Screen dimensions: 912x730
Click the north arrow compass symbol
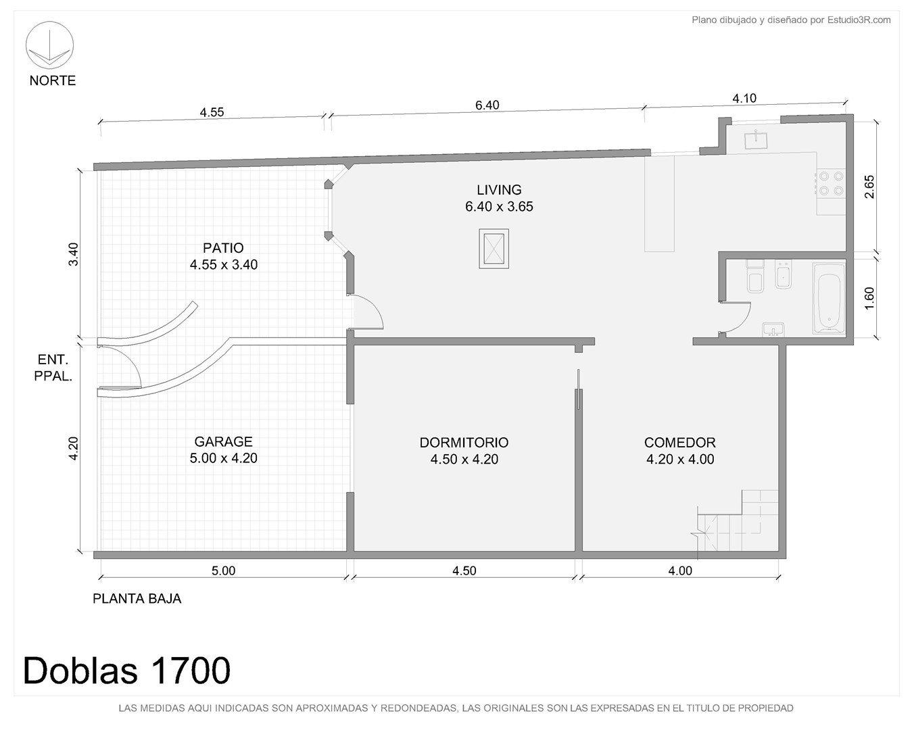[49, 45]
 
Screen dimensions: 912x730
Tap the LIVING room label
[499, 189]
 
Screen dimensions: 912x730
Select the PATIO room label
[223, 248]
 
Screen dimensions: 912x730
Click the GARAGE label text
[223, 441]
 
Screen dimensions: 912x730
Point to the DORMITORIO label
[464, 442]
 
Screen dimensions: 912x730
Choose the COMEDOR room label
[679, 442]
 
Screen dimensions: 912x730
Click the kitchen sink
[756, 140]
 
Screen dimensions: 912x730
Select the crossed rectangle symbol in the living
[494, 249]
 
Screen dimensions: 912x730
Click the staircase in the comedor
[738, 520]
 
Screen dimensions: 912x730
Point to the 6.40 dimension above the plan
[487, 105]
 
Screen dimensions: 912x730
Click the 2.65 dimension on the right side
[869, 187]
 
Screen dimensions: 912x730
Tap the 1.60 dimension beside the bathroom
[869, 298]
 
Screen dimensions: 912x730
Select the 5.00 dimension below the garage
[223, 570]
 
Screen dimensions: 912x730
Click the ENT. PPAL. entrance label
[53, 368]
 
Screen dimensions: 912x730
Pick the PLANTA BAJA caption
[137, 599]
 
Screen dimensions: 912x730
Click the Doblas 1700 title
[126, 671]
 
